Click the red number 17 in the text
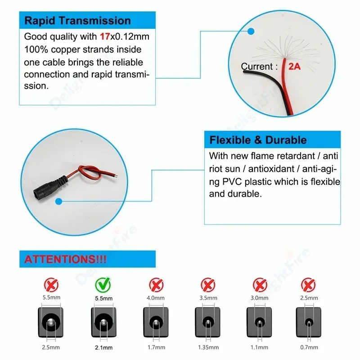point(104,36)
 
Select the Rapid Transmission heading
point(77,21)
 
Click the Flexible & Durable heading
point(258,140)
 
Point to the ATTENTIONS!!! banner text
point(65,260)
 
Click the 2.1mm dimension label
point(104,347)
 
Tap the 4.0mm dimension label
point(155,297)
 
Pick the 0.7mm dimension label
point(308,347)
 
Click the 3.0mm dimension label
point(259,297)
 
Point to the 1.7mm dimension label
point(155,347)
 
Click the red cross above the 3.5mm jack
point(207,285)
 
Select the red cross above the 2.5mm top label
point(308,285)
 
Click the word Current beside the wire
point(256,67)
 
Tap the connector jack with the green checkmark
point(104,323)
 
